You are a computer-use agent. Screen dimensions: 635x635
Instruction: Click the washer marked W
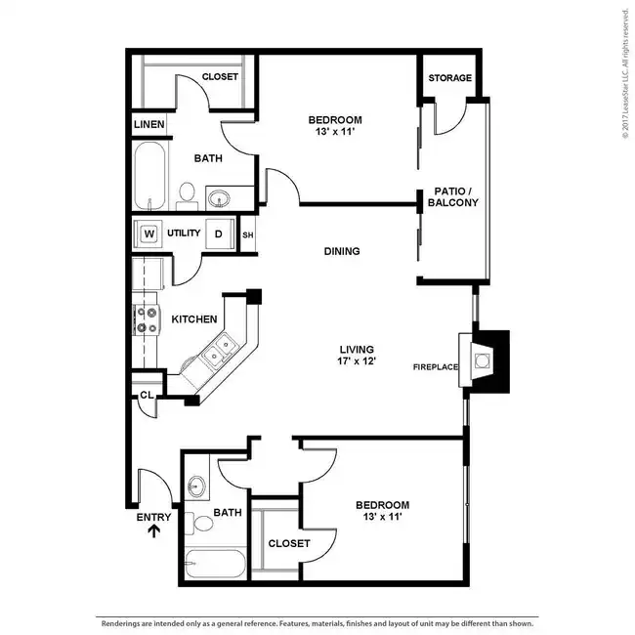pos(148,233)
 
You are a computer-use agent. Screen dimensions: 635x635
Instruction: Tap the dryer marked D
pos(220,233)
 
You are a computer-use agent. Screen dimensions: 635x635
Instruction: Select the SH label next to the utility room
pos(248,234)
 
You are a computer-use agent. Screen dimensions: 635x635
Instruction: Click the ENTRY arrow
pos(154,530)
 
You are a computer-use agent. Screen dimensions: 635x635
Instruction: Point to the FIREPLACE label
pos(436,367)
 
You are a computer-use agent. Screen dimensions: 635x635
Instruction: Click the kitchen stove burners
pos(147,319)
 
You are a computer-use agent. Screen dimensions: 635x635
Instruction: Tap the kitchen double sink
pos(220,350)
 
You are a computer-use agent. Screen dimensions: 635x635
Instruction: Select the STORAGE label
pos(450,78)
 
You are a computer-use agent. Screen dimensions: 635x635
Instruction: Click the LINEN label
pos(149,124)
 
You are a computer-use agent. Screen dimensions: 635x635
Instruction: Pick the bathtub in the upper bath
pos(149,175)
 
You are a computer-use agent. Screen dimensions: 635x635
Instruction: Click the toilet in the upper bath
pos(187,196)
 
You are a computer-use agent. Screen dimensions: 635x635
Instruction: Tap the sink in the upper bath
pos(219,199)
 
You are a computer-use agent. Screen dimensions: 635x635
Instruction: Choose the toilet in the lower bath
pos(199,523)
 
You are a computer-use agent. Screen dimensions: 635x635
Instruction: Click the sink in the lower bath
pos(196,485)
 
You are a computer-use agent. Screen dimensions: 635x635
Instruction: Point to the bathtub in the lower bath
pos(215,564)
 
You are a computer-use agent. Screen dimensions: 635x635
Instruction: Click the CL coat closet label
pos(147,395)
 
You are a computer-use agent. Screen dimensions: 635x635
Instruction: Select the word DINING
pos(342,251)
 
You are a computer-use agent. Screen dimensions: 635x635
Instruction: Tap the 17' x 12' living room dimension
pos(357,360)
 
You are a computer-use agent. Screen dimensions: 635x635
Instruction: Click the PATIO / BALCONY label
pos(453,196)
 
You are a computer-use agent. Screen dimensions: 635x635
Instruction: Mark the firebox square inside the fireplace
pos(482,360)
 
